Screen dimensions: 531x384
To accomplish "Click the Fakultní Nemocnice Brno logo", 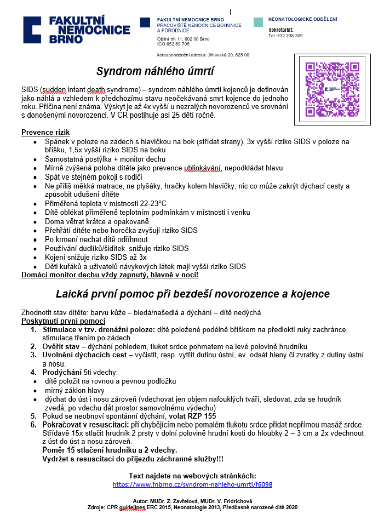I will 76,30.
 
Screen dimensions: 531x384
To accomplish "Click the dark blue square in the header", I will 145,22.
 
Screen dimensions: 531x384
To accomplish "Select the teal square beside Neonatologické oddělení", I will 258,22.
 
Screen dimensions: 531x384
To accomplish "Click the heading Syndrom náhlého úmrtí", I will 155,72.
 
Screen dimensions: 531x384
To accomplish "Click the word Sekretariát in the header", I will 281,29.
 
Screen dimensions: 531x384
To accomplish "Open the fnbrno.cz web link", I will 192,484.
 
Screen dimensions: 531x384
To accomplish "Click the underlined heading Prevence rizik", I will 45,133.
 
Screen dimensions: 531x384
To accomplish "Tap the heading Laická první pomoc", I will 193,294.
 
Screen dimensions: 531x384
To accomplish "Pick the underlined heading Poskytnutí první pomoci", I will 63,321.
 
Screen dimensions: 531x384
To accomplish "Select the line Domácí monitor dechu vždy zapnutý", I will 110,275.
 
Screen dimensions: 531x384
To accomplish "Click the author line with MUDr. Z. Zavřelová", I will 192,501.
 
